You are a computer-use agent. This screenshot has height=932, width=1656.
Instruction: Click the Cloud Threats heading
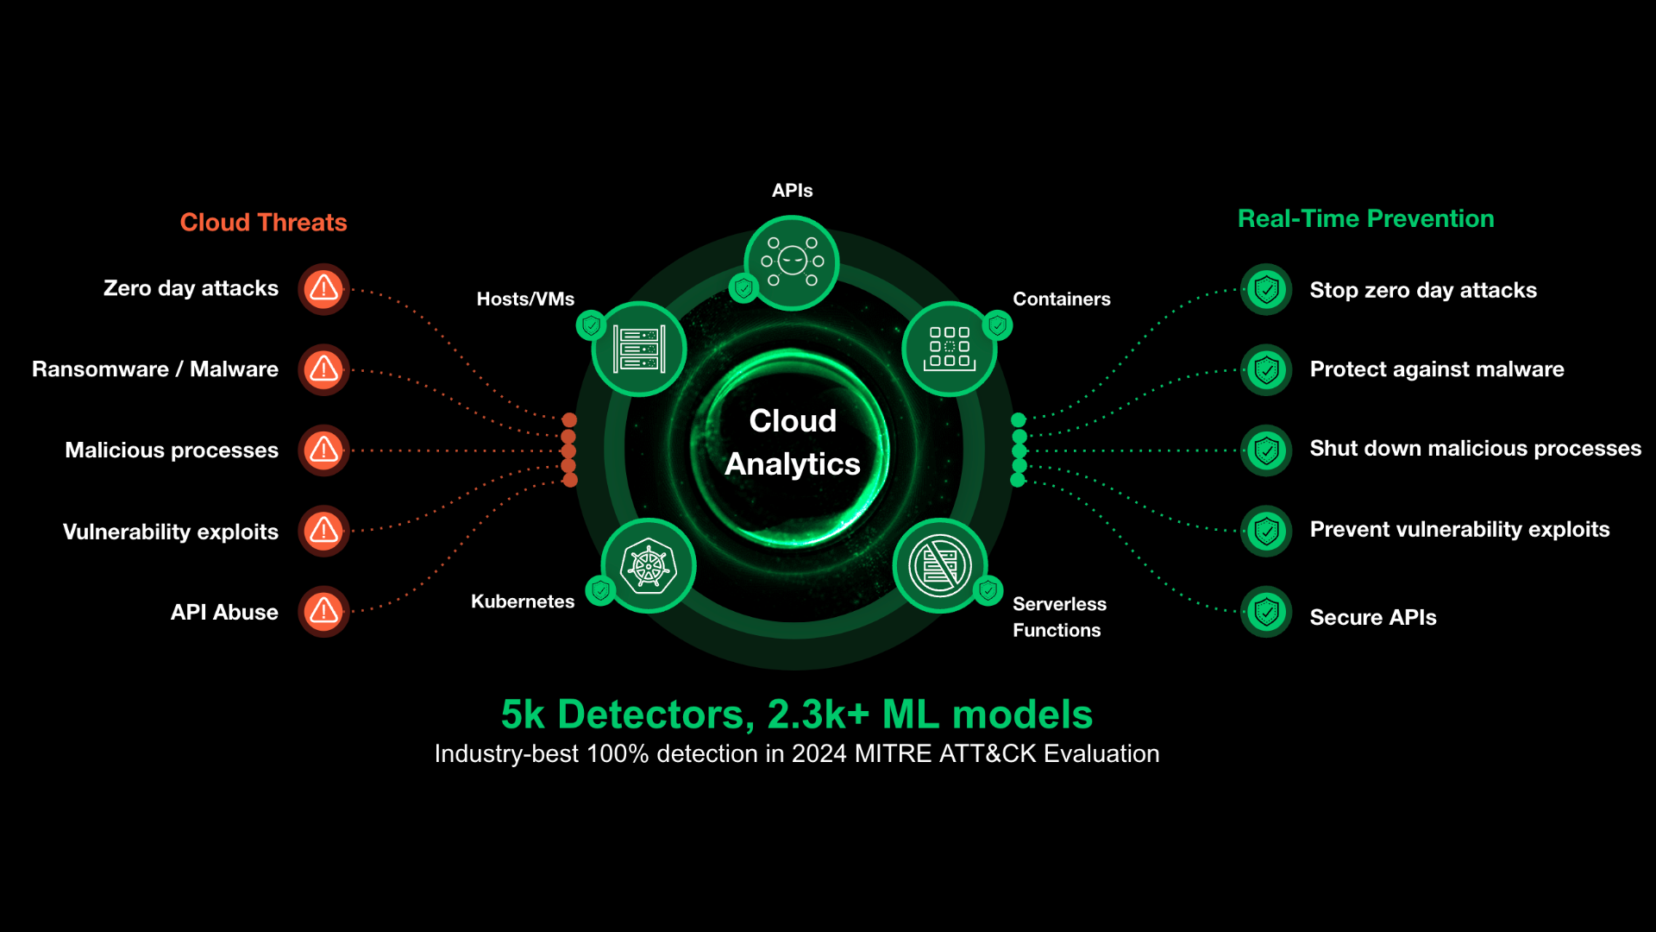[x=263, y=223]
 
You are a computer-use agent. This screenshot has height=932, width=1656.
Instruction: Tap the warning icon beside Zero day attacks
[x=323, y=288]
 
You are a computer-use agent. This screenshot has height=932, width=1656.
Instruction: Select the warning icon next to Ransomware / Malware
[x=323, y=369]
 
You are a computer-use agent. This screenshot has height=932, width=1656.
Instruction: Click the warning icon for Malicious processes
[x=323, y=450]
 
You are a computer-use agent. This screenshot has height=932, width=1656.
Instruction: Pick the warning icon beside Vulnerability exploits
[x=323, y=531]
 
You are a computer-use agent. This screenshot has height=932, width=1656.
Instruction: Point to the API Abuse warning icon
[x=323, y=612]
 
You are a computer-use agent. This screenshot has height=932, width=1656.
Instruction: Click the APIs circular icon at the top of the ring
[x=792, y=261]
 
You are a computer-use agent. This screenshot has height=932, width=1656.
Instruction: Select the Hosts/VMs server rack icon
[x=639, y=349]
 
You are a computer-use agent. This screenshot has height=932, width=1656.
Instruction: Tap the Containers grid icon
[x=949, y=349]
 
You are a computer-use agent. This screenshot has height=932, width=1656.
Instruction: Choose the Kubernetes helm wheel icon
[x=649, y=566]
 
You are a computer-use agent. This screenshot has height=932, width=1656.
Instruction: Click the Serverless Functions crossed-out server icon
[x=940, y=566]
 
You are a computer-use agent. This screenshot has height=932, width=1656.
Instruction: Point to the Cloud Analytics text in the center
[x=793, y=442]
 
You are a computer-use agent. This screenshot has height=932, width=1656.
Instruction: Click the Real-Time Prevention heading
[x=1365, y=219]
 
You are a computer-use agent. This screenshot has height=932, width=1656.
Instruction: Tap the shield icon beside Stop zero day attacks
[x=1266, y=290]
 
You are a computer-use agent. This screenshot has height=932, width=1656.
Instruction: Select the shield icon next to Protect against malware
[x=1266, y=370]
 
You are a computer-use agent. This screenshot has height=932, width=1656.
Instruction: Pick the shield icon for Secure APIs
[x=1266, y=612]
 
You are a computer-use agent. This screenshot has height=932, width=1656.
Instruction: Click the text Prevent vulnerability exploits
[x=1459, y=530]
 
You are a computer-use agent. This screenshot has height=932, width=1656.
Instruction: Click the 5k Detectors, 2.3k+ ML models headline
[x=797, y=715]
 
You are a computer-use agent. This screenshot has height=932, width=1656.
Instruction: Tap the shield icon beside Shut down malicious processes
[x=1266, y=450]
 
